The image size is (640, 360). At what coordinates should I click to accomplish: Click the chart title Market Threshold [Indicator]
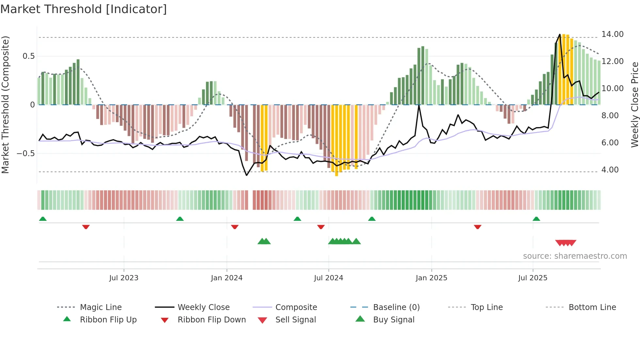click(x=84, y=9)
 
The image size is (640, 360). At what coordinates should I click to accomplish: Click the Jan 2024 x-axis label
click(x=227, y=278)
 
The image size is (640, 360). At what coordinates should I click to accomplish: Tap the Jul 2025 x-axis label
click(x=533, y=278)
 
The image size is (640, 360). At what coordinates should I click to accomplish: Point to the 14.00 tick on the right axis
click(x=612, y=34)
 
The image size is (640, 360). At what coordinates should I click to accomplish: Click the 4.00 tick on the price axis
click(x=610, y=170)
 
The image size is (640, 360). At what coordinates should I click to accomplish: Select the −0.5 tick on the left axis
click(x=26, y=154)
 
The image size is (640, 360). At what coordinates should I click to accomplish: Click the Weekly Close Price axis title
click(x=634, y=105)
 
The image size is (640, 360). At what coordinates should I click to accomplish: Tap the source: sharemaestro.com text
click(x=575, y=256)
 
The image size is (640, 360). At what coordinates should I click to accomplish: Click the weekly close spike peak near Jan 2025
click(x=419, y=105)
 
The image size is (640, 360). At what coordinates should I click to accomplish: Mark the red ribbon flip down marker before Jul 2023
click(x=86, y=227)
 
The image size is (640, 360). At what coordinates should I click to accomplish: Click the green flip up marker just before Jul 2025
click(x=536, y=219)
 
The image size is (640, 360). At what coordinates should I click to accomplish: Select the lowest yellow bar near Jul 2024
click(x=337, y=175)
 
